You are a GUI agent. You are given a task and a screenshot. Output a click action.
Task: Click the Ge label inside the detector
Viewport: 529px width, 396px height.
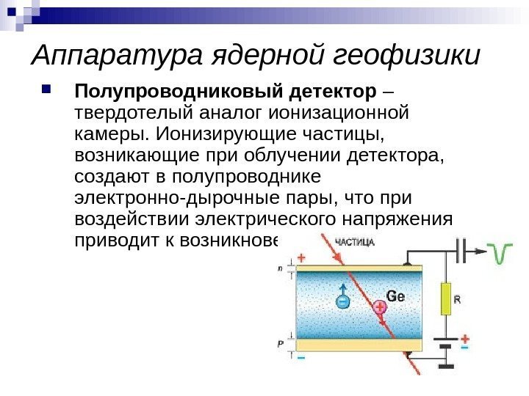coord(395,296)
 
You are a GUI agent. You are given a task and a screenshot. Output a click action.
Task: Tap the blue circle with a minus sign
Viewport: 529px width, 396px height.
coord(342,300)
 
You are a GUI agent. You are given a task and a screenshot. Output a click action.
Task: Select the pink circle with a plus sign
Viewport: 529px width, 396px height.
coord(379,309)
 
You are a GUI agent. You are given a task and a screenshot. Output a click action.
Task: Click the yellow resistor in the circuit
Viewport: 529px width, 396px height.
coord(445,299)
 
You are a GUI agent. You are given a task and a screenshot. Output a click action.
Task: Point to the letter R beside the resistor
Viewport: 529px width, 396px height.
coord(457,299)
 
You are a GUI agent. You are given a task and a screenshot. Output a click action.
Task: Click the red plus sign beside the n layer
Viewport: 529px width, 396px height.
coord(301,258)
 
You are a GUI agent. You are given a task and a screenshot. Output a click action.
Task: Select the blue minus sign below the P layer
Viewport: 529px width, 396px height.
coord(301,357)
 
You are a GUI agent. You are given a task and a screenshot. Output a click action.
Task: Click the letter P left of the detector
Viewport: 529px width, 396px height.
coord(280,343)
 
